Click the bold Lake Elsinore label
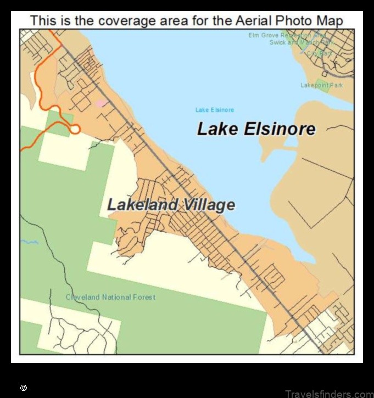pos(256,130)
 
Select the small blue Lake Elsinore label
pos(215,110)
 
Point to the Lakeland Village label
pos(171,205)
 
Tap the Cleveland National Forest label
pos(110,297)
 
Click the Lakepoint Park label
pos(321,85)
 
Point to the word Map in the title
pos(330,21)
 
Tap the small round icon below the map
pos(24,388)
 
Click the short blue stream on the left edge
pos(30,242)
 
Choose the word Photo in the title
pos(297,21)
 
